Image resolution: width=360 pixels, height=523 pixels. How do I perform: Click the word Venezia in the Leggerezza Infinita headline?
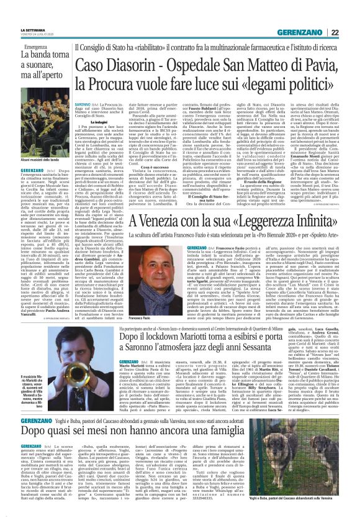coord(164,221)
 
